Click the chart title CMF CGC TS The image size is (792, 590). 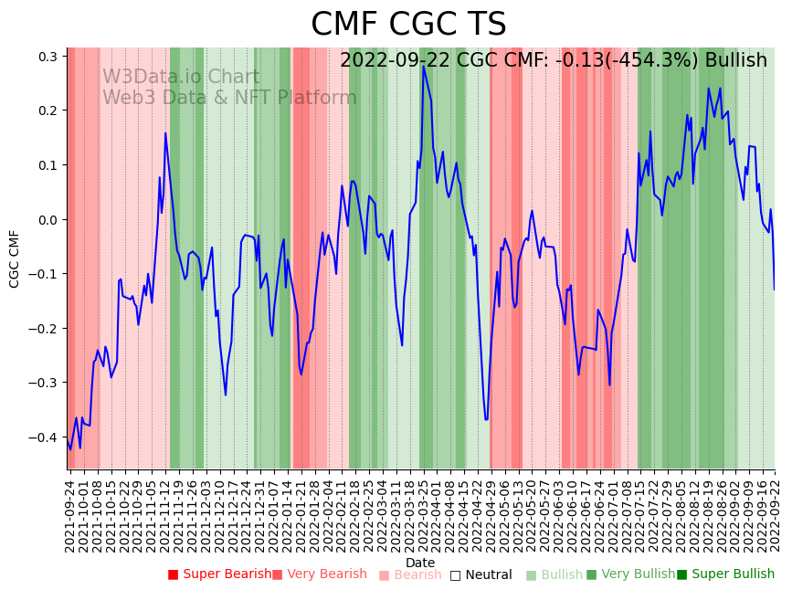tap(407, 25)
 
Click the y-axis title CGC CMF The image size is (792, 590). tap(15, 258)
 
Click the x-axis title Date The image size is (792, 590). tap(420, 563)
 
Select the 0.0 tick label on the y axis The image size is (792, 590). tap(48, 220)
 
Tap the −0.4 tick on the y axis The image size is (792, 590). tap(45, 437)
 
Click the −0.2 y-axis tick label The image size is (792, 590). tap(45, 329)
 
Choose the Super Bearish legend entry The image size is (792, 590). tap(219, 574)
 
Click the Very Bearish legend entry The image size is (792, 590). tap(319, 574)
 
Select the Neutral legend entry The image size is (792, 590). tap(480, 574)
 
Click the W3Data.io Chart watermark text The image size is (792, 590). tap(181, 78)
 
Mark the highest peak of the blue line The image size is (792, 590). tap(423, 66)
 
